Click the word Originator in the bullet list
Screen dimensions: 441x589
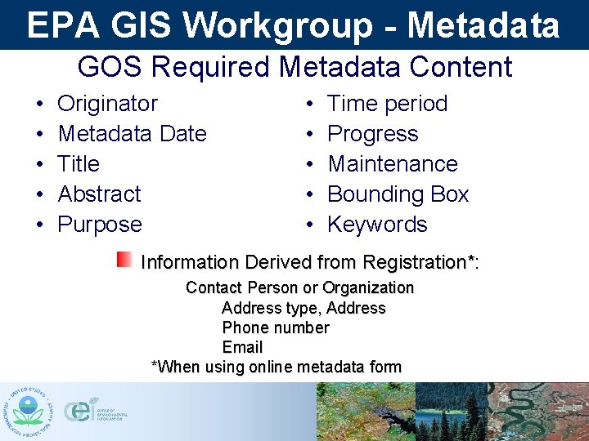107,104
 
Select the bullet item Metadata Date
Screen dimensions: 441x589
132,134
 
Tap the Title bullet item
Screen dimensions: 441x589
79,164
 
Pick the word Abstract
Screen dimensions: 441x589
99,194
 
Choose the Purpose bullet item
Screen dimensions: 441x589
100,225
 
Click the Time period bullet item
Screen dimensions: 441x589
387,104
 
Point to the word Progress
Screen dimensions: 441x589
372,134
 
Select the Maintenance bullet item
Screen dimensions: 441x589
393,164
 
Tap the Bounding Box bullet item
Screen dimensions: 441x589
398,194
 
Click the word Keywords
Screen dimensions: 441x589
377,225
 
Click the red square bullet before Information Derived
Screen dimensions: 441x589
124,260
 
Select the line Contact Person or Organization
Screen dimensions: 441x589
299,288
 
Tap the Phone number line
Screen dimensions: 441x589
276,327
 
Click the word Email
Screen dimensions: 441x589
242,347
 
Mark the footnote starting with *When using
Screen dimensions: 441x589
277,367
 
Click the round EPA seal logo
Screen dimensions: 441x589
28,412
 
